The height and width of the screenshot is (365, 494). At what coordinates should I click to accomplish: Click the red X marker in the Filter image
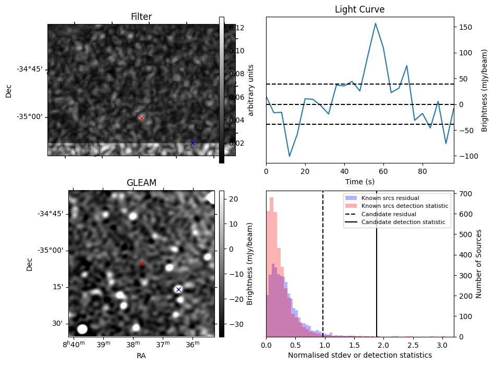141,119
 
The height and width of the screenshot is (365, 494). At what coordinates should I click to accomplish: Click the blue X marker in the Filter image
192,143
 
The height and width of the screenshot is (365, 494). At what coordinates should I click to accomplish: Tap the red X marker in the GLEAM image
141,263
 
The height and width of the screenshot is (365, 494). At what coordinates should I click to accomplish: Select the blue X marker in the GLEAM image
178,289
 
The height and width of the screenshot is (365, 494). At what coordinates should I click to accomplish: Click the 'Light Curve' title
359,9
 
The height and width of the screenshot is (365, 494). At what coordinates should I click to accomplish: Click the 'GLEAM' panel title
141,183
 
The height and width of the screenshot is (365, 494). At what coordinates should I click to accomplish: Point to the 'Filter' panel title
141,17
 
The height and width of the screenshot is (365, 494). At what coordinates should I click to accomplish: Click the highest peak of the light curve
375,23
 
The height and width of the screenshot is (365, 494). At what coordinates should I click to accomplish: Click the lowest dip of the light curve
290,156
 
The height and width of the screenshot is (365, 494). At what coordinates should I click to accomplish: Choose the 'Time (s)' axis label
359,182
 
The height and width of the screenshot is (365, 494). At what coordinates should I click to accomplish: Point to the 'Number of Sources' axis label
479,263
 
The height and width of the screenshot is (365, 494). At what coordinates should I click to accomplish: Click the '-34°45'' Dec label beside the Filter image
29,69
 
